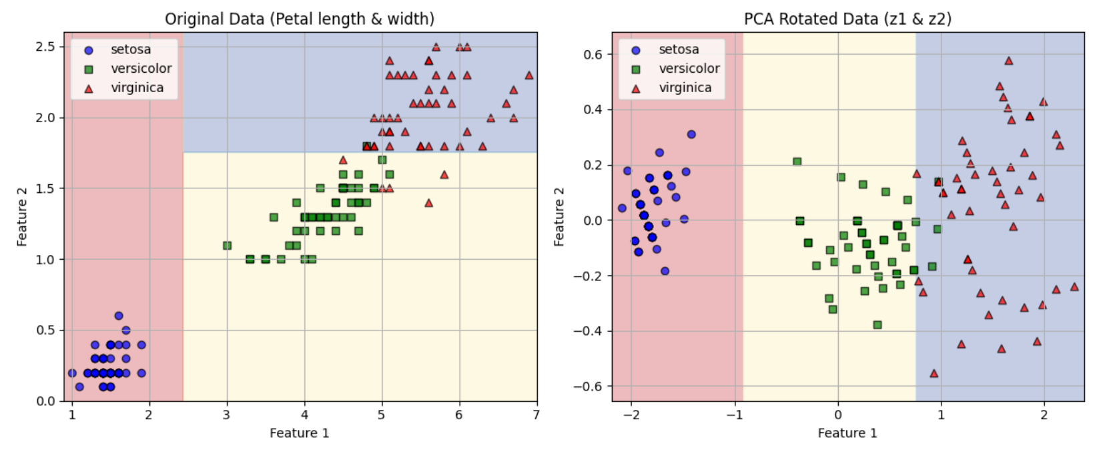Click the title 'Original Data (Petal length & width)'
[300, 19]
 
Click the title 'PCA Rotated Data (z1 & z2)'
[847, 19]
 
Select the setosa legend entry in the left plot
[131, 49]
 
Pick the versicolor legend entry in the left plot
[141, 68]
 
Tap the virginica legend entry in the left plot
[137, 87]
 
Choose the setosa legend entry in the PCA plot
[679, 49]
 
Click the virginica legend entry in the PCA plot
[685, 87]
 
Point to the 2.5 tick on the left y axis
[46, 47]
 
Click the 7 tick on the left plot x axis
[536, 414]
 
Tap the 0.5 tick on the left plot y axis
[46, 330]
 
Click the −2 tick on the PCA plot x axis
[631, 414]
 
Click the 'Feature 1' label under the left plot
[299, 433]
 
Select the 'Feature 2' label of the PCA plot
[559, 216]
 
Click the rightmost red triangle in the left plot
[529, 75]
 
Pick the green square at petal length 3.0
[227, 246]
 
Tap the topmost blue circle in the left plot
[119, 316]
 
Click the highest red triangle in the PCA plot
[1008, 61]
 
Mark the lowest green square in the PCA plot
[877, 324]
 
